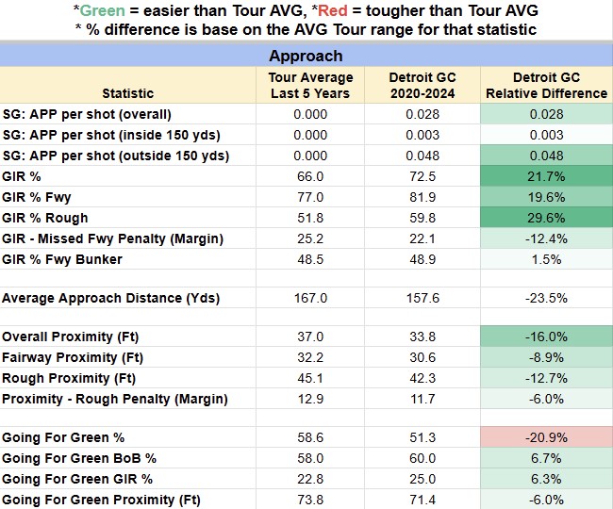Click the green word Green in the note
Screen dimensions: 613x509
[x=103, y=10]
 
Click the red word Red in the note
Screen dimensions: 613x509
[x=333, y=10]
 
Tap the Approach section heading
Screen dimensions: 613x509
[x=306, y=56]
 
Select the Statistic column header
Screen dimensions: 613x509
[x=128, y=93]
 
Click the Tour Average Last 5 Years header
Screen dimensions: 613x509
[x=310, y=86]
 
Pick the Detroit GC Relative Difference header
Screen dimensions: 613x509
[x=547, y=86]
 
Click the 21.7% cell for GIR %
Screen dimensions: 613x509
[x=546, y=176]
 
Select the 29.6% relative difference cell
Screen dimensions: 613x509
[x=546, y=218]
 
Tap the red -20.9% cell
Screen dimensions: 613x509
[x=546, y=437]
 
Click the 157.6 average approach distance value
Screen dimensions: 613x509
[x=422, y=299]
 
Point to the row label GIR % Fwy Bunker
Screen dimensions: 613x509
[x=62, y=260]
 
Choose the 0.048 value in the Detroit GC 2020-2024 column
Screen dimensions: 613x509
[x=422, y=156]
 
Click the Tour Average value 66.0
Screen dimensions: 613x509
[x=310, y=176]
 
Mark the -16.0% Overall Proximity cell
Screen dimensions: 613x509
[x=546, y=337]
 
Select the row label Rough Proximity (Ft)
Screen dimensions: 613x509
[x=69, y=379]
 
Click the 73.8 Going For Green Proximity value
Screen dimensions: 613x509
[x=310, y=500]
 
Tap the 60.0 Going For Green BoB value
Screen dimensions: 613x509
[x=422, y=459]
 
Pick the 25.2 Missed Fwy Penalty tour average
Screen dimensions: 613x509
[x=310, y=238]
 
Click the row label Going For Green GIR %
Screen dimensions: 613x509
[x=77, y=480]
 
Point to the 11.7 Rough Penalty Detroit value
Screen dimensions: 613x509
[x=422, y=400]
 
